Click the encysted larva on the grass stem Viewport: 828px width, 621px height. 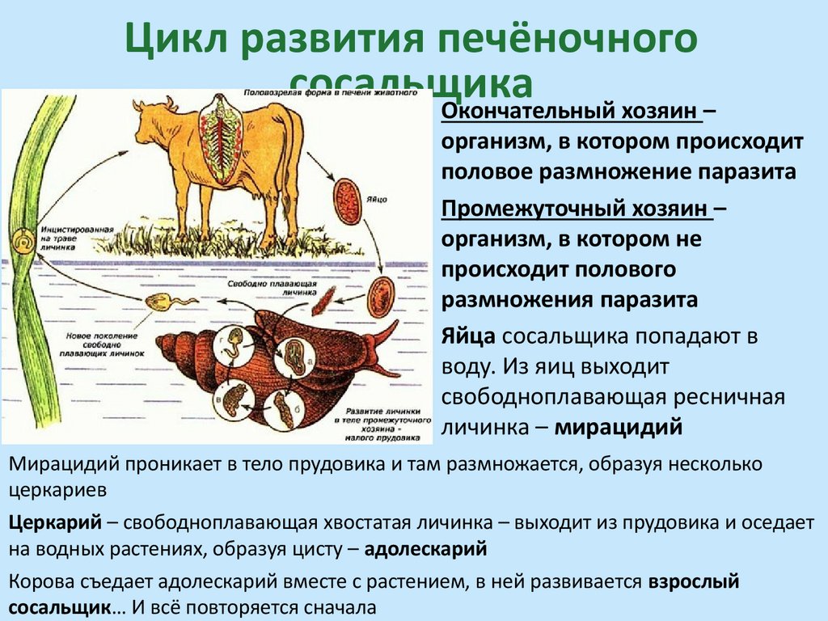coord(23,241)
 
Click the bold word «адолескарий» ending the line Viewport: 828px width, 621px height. coord(426,550)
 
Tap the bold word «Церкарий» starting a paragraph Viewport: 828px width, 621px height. coord(55,522)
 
